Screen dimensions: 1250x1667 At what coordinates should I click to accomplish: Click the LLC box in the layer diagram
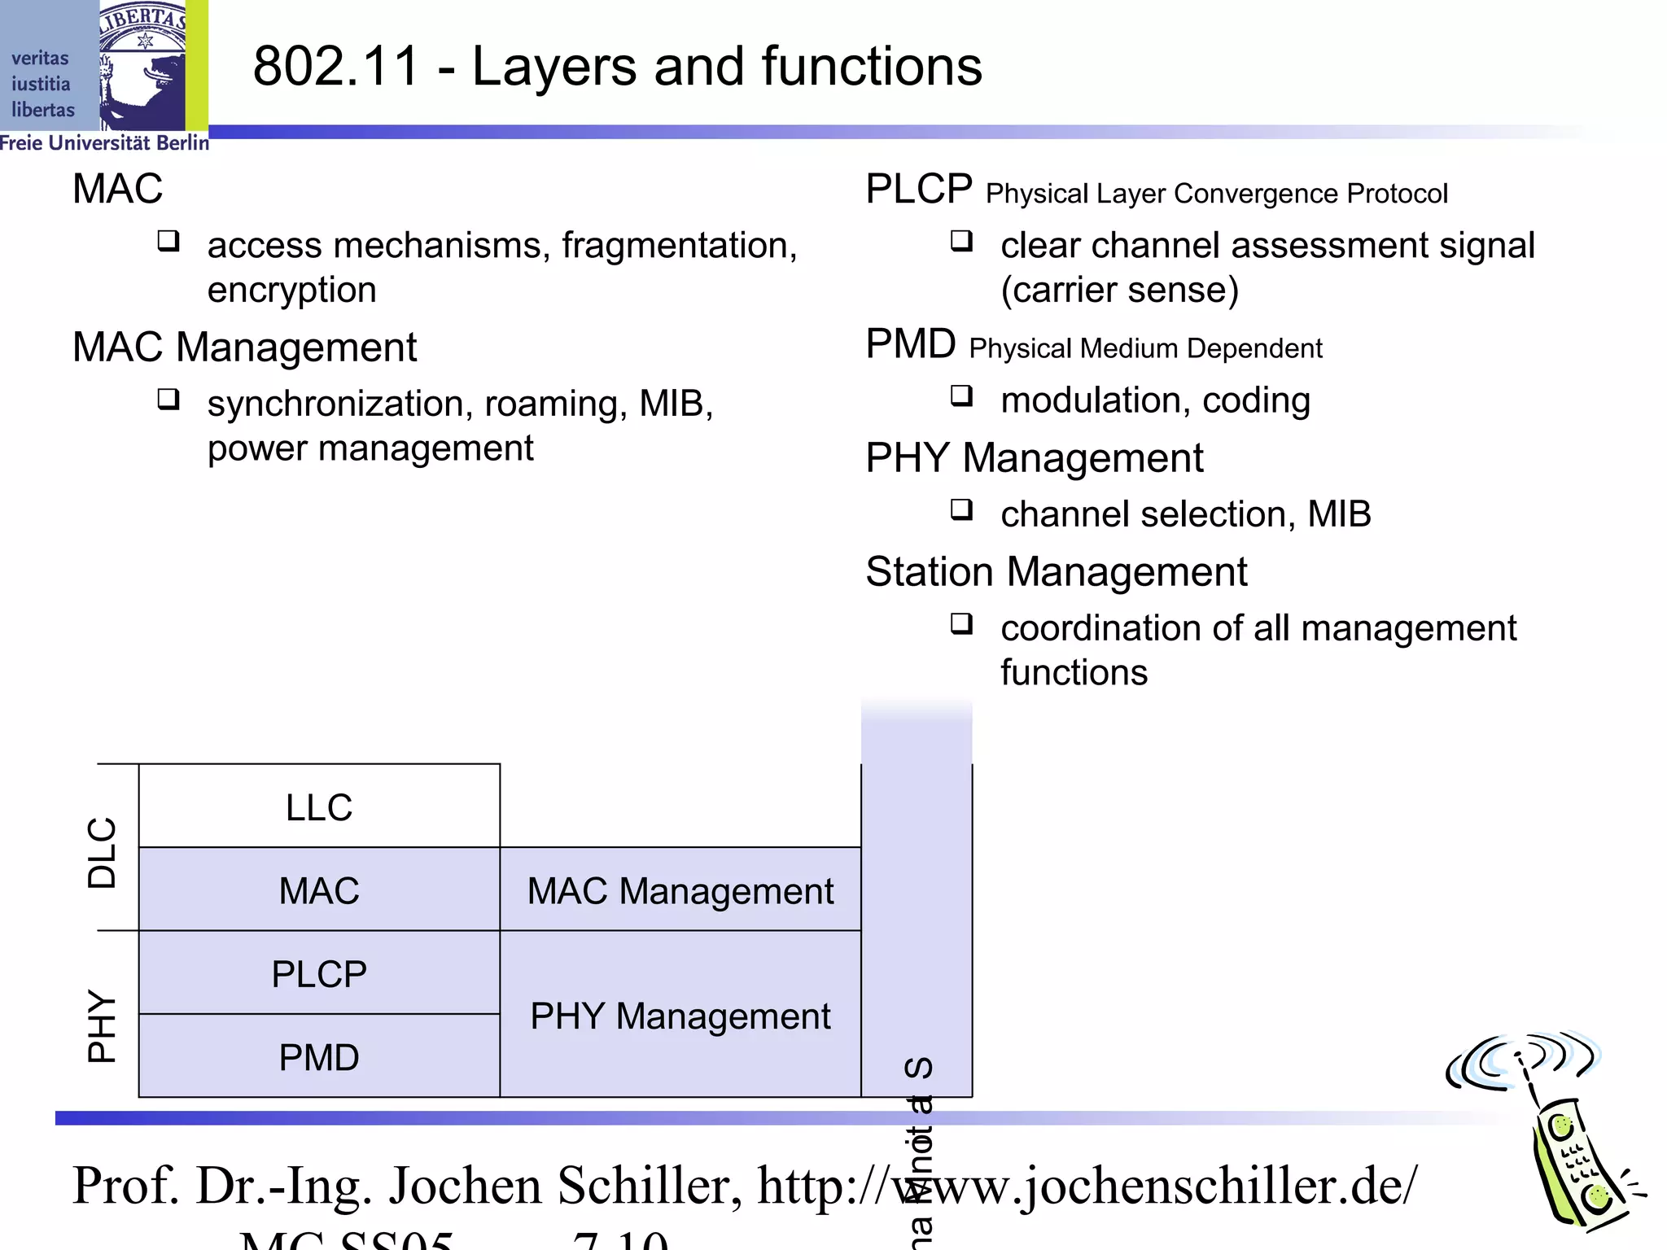pos(319,806)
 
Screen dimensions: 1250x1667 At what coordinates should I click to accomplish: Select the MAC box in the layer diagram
pos(319,889)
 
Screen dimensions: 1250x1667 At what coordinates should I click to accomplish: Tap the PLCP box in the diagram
pos(319,973)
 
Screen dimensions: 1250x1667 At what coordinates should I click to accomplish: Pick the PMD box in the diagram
pos(319,1057)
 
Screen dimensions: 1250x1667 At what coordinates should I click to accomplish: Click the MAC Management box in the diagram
pos(680,889)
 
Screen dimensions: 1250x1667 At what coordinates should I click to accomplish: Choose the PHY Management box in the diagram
pos(680,1016)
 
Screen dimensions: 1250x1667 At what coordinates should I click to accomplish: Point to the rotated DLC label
pos(103,852)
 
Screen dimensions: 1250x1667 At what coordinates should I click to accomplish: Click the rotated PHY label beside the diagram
pos(103,1025)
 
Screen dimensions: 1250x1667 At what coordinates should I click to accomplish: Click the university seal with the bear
pos(143,65)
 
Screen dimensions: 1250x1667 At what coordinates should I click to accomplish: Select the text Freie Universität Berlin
pos(104,143)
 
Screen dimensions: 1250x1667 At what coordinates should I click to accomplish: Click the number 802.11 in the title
pos(335,66)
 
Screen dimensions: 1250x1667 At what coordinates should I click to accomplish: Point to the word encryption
pos(291,290)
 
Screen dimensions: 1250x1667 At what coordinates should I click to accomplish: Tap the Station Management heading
pos(1056,571)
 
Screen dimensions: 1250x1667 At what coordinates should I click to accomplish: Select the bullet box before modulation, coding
pos(961,396)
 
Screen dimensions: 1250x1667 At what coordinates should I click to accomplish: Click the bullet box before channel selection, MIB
pos(961,510)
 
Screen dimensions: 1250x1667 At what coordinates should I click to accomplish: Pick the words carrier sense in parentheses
pos(1120,291)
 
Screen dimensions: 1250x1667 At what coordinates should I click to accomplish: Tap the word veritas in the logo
pos(40,59)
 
